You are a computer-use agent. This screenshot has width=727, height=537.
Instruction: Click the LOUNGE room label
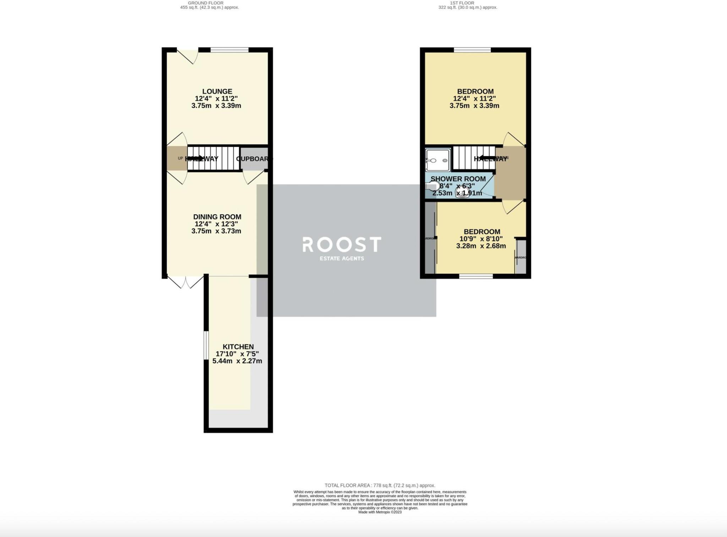[217, 91]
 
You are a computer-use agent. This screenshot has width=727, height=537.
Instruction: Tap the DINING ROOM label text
[217, 217]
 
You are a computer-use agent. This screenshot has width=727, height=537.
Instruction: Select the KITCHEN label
[238, 347]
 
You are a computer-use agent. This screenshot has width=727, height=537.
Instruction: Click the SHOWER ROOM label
[458, 179]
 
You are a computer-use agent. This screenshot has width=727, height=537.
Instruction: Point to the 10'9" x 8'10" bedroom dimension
[481, 239]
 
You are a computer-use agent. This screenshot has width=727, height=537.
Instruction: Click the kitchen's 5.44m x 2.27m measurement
[237, 361]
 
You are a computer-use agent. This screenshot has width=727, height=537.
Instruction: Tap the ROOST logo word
[341, 245]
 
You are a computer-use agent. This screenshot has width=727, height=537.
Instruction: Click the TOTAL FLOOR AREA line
[379, 485]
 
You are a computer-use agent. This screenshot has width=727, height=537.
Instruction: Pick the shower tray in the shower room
[438, 160]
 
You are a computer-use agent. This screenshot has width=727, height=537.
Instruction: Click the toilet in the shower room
[432, 186]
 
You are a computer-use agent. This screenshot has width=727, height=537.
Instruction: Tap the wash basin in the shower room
[462, 192]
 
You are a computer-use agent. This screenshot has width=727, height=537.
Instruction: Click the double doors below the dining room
[185, 282]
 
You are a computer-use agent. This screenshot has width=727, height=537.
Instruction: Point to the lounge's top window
[229, 50]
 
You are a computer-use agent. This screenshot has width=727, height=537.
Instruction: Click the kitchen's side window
[205, 345]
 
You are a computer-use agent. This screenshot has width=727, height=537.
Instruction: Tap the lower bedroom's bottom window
[476, 276]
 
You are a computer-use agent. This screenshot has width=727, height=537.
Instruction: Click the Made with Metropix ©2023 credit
[379, 512]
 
